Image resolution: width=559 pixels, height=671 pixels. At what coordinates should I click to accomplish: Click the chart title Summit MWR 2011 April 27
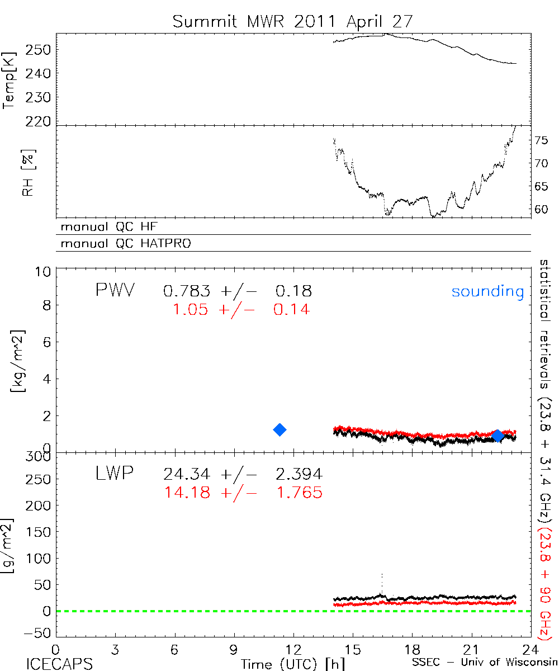[x=293, y=22]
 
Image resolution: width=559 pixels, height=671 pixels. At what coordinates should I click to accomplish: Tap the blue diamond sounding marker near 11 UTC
[x=279, y=429]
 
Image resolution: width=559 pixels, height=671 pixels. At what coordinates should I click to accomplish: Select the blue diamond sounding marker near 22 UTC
[x=498, y=436]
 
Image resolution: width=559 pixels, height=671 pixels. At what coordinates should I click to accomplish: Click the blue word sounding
[x=487, y=291]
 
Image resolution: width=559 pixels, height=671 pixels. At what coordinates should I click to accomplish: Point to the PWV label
[x=115, y=291]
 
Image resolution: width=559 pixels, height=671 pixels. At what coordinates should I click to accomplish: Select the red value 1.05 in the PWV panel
[x=193, y=309]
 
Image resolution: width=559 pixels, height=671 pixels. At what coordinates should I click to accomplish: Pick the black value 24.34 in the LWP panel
[x=187, y=475]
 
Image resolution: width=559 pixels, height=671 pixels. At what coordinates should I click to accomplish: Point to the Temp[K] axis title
[x=10, y=79]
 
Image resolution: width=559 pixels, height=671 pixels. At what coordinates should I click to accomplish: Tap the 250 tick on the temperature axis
[x=38, y=50]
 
